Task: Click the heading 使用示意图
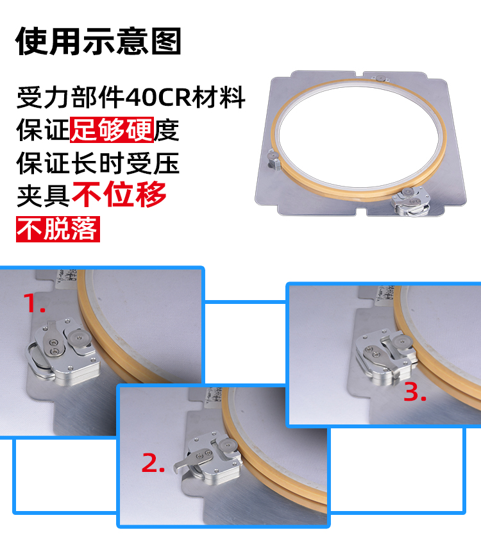coord(98,41)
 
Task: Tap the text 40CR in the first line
coord(158,97)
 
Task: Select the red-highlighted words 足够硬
coord(112,130)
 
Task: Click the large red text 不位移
coord(119,194)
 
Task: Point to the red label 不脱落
coord(58,229)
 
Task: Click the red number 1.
coord(34,303)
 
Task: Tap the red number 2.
coord(153,463)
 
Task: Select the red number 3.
coord(415,392)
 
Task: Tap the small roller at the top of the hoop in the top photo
coord(380,78)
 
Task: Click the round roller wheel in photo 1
coord(78,338)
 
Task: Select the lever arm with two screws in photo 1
coord(54,339)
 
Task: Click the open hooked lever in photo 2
coord(192,460)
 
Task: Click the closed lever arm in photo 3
coord(381,358)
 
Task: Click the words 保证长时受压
coord(98,163)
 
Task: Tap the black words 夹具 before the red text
coord(43,196)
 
